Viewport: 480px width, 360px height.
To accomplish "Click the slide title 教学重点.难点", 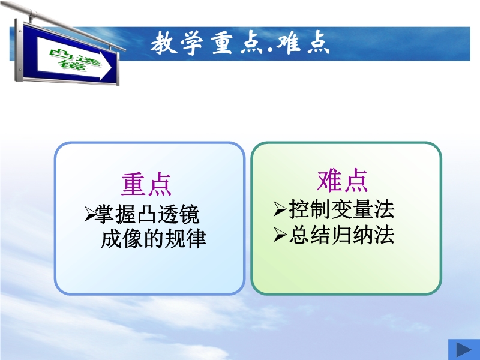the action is point(240,43).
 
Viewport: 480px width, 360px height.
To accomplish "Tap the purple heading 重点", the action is point(146,184).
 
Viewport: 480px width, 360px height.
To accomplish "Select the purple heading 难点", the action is point(342,181).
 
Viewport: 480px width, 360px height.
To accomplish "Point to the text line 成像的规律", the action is point(154,238).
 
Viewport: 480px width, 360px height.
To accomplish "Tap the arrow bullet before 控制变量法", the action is point(280,209).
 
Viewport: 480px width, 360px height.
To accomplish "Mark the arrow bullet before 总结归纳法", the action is point(280,235).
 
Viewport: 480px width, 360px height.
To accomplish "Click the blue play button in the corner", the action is point(464,350).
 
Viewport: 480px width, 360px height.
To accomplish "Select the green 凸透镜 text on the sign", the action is point(74,61).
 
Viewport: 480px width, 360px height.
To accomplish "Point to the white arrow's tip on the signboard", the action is point(112,69).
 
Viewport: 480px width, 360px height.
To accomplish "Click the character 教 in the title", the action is point(163,43).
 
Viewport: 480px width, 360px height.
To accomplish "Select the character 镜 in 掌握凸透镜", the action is point(190,214).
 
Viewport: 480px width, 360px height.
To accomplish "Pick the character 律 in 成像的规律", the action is point(196,238).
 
